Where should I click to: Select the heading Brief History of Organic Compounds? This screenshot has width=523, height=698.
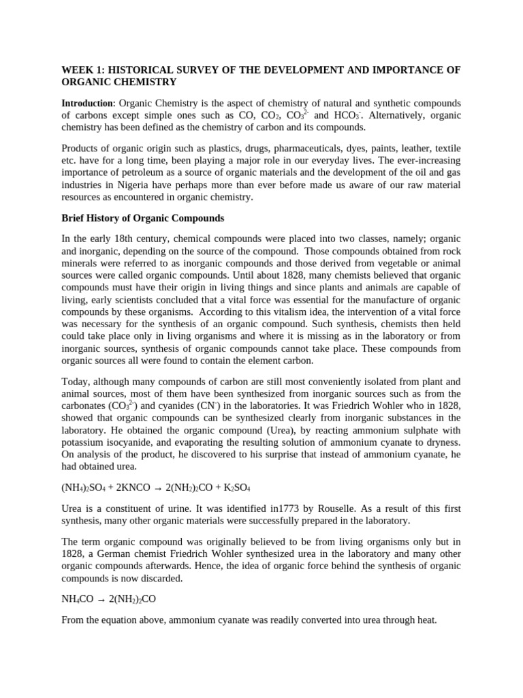coord(143,218)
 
